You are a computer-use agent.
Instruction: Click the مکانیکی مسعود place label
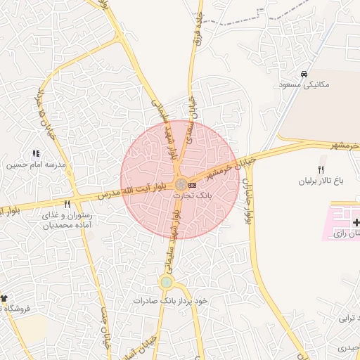click(304, 84)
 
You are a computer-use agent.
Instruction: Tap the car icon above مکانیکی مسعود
click(304, 74)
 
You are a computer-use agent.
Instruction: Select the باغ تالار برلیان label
click(321, 181)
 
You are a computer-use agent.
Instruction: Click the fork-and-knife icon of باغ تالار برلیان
click(321, 169)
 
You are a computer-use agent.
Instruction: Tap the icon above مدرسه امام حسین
click(36, 153)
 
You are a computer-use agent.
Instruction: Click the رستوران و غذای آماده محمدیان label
click(67, 221)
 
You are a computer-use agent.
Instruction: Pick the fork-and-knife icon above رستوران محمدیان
click(67, 204)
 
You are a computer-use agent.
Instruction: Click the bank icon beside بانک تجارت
click(193, 184)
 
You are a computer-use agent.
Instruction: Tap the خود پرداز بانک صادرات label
click(171, 300)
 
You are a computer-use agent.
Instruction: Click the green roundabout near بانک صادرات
click(166, 283)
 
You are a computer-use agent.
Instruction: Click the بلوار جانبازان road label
click(247, 200)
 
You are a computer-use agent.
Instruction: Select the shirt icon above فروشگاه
click(3, 298)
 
